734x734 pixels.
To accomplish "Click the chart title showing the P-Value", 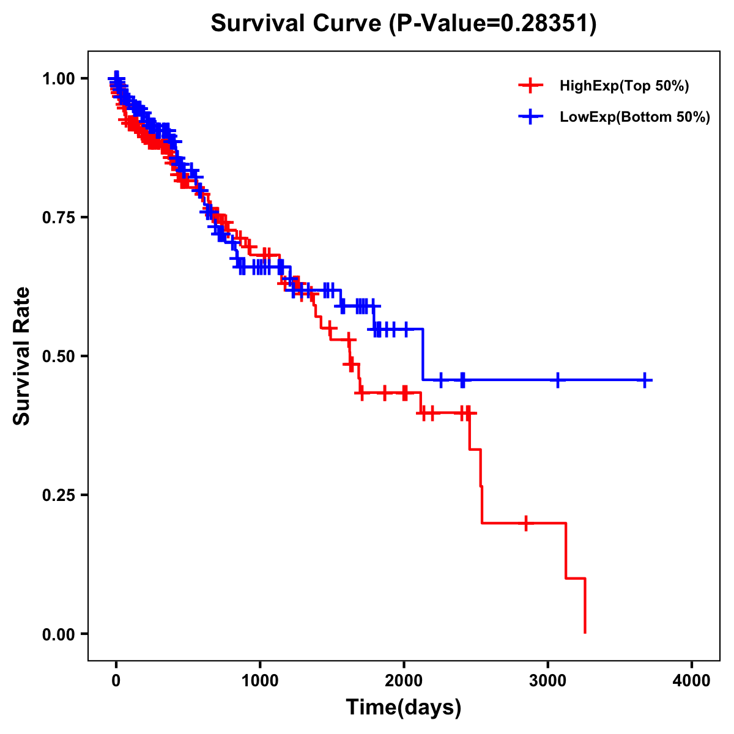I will click(x=403, y=24).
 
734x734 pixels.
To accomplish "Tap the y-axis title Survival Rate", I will click(x=23, y=356).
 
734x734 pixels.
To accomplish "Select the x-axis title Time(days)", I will click(x=404, y=708).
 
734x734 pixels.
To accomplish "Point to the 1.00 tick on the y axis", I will click(x=59, y=78).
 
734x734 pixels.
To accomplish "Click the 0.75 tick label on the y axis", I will click(x=59, y=217).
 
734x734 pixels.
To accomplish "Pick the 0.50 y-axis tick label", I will click(x=59, y=356).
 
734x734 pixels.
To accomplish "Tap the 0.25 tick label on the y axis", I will click(x=59, y=495).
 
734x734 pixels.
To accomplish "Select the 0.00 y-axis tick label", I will click(x=59, y=634).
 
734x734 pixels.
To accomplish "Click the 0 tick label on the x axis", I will click(x=116, y=681).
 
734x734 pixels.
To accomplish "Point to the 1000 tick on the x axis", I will click(x=260, y=681).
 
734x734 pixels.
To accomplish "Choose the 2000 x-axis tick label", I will click(x=404, y=681).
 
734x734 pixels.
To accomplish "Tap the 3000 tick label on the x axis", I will click(x=548, y=681).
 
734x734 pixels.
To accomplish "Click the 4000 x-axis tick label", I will click(x=692, y=681).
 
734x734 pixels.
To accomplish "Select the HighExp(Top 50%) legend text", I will click(x=625, y=86).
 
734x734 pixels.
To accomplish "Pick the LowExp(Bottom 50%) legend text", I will click(x=635, y=117).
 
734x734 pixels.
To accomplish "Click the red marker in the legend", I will click(x=530, y=86).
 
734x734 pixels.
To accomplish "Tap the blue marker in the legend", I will click(x=530, y=117).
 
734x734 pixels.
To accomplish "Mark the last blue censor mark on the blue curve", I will click(x=645, y=380).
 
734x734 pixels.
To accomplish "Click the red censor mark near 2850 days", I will click(x=526, y=524).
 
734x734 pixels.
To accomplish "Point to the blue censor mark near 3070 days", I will click(x=557, y=380).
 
